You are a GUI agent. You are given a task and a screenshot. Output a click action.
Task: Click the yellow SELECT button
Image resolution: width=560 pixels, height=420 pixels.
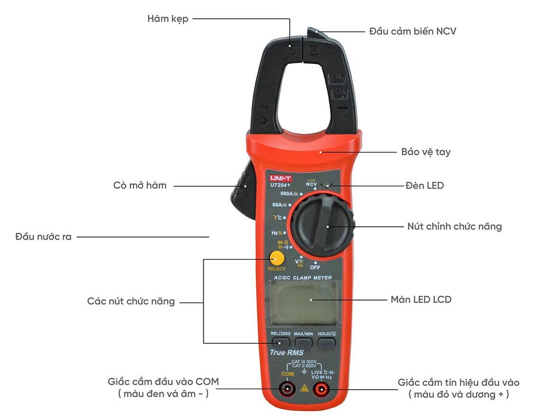pyautogui.click(x=276, y=259)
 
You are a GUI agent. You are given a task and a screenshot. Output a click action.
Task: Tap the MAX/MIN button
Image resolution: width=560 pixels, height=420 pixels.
pyautogui.click(x=303, y=340)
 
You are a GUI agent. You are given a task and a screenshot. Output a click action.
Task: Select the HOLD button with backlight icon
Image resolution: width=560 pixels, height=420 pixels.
pyautogui.click(x=326, y=340)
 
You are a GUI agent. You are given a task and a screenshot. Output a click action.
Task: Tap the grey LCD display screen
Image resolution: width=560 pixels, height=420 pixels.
pyautogui.click(x=304, y=302)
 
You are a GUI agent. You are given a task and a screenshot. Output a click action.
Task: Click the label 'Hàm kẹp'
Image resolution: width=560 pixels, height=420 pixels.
pyautogui.click(x=168, y=19)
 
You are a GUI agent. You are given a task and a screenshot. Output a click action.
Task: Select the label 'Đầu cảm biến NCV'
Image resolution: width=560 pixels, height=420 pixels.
pyautogui.click(x=412, y=32)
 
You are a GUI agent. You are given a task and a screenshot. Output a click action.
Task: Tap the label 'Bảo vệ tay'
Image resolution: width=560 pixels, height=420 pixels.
pyautogui.click(x=425, y=152)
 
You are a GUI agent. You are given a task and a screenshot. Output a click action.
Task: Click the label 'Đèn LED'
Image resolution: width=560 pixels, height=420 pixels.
pyautogui.click(x=425, y=186)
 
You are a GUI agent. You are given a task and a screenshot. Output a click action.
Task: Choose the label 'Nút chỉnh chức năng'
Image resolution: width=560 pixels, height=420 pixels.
pyautogui.click(x=454, y=226)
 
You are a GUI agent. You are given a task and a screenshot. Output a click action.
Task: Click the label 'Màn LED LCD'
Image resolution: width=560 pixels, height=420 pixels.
pyautogui.click(x=421, y=300)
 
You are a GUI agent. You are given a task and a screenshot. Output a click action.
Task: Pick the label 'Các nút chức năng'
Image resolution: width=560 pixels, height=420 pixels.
pyautogui.click(x=131, y=302)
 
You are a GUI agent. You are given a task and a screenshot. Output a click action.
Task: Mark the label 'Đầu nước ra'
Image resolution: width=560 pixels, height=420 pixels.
pyautogui.click(x=43, y=237)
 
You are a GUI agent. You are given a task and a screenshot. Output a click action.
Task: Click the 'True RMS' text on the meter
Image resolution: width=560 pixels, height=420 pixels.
pyautogui.click(x=286, y=353)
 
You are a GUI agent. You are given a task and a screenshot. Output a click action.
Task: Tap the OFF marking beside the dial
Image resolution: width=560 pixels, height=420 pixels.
pyautogui.click(x=315, y=268)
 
